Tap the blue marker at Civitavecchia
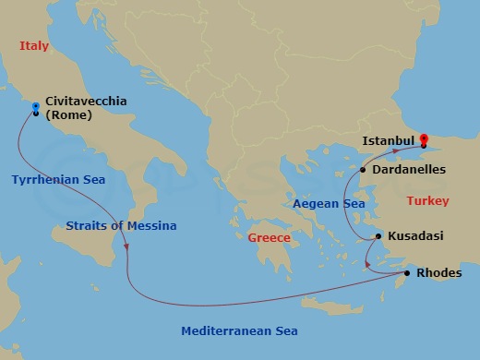click(x=36, y=106)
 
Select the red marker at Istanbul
click(x=424, y=140)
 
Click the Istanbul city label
click(x=389, y=140)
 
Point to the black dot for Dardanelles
click(x=364, y=170)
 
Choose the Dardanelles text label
click(x=409, y=170)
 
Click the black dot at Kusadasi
click(x=378, y=237)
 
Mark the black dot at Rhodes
click(x=407, y=273)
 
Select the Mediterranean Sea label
click(x=239, y=330)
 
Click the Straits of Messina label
click(x=121, y=225)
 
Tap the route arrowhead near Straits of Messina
click(x=126, y=246)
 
